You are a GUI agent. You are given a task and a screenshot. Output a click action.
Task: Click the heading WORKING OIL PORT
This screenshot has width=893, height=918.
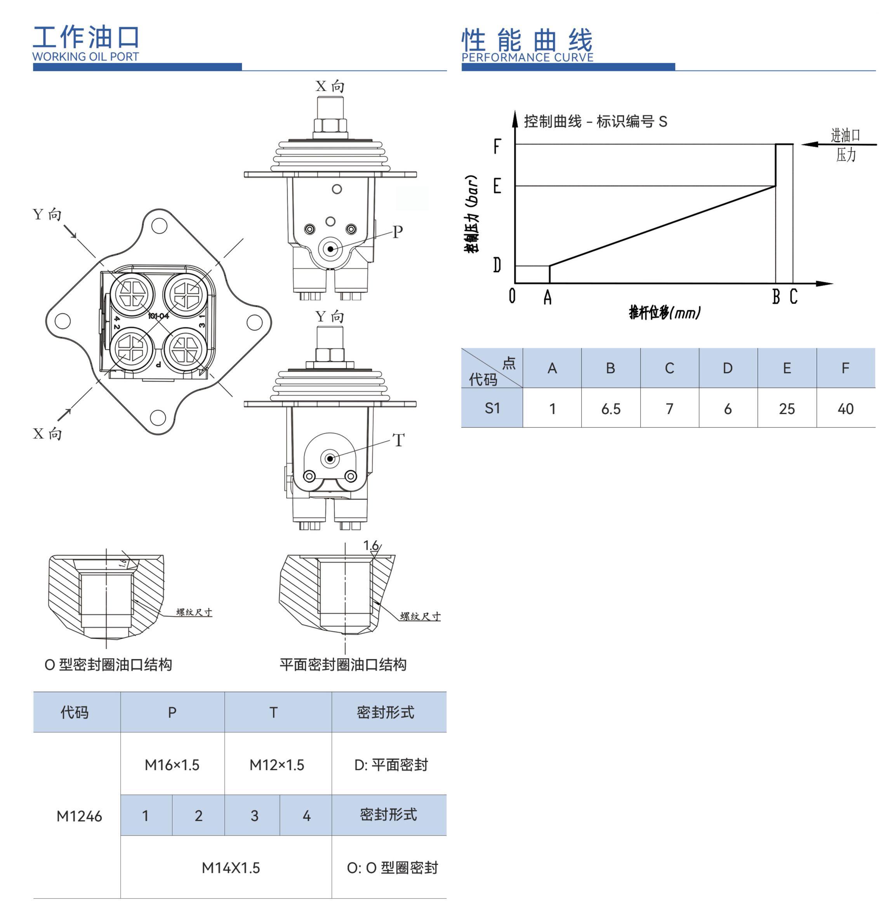pos(85,57)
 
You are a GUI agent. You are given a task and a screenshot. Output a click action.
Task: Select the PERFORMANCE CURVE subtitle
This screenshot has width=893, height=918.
pos(527,57)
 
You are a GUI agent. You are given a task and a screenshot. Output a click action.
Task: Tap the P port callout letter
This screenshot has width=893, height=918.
pos(397,232)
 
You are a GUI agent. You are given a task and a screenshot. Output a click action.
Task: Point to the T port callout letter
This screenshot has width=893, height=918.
pos(398,440)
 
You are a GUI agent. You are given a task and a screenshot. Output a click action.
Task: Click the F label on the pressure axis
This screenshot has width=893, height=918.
pos(497,147)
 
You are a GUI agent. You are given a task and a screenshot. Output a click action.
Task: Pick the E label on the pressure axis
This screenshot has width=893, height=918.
pos(497,186)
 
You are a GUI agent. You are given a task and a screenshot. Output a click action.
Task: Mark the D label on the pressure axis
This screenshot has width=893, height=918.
pos(497,266)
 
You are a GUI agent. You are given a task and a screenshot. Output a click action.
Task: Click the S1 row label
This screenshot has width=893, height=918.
pos(492,408)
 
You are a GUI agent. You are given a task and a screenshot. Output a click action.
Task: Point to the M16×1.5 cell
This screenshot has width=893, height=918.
pos(172,765)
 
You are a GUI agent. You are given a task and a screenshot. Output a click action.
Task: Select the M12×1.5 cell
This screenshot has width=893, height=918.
pos(277,765)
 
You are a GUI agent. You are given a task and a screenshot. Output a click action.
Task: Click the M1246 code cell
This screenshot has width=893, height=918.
pos(79,817)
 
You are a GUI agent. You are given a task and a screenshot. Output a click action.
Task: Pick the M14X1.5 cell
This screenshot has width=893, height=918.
pos(230,868)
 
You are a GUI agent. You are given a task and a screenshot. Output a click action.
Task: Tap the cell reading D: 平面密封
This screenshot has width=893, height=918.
pos(391,765)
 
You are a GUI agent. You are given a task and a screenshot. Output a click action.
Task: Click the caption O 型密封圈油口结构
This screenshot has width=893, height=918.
pos(108,665)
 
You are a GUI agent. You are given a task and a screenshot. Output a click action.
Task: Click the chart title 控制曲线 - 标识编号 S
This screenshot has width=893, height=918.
pos(595,122)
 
